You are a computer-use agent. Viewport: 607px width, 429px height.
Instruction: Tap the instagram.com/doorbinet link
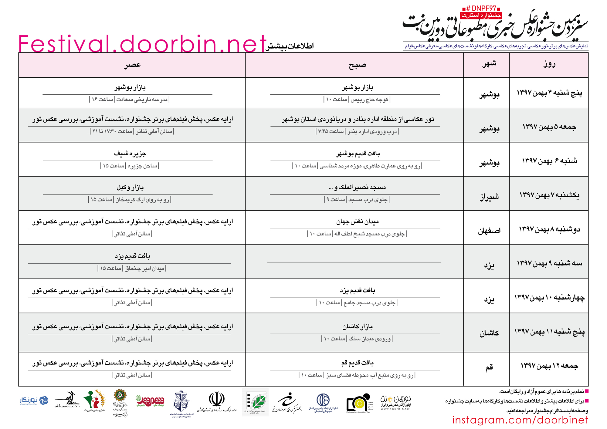tap(520, 420)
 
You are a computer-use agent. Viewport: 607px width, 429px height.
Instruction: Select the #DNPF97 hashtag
tap(481, 8)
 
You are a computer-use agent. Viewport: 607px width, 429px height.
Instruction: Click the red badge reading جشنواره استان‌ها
tap(481, 15)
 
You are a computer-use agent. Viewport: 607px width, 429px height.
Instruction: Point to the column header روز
tap(549, 64)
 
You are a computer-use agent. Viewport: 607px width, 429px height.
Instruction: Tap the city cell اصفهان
tap(489, 231)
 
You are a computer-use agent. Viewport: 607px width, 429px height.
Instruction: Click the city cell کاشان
tap(489, 333)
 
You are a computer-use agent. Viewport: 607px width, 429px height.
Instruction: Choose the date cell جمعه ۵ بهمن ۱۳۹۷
tap(549, 127)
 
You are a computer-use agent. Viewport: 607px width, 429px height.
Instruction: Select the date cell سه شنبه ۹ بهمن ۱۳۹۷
tap(549, 263)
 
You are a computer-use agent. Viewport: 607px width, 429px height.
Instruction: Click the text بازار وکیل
tap(130, 187)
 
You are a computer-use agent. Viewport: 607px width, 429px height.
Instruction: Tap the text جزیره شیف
tap(130, 154)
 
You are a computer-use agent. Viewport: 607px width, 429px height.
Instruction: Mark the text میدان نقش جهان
tap(357, 222)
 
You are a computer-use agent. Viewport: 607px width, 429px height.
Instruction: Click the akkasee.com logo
tap(67, 400)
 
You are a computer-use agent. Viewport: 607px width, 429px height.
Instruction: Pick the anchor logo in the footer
tap(181, 401)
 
